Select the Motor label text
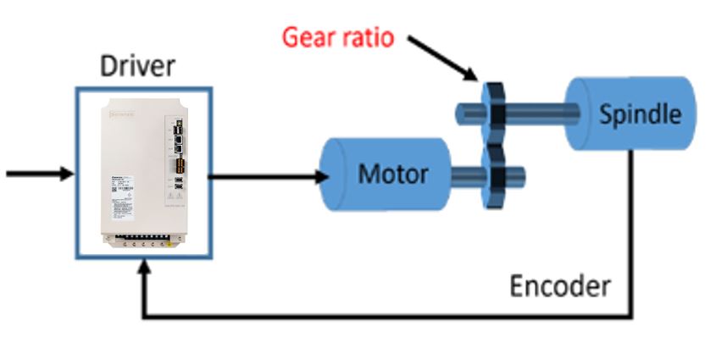(392, 174)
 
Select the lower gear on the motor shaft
(491, 176)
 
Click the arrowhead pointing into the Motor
(322, 176)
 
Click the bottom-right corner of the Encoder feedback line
(632, 318)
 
